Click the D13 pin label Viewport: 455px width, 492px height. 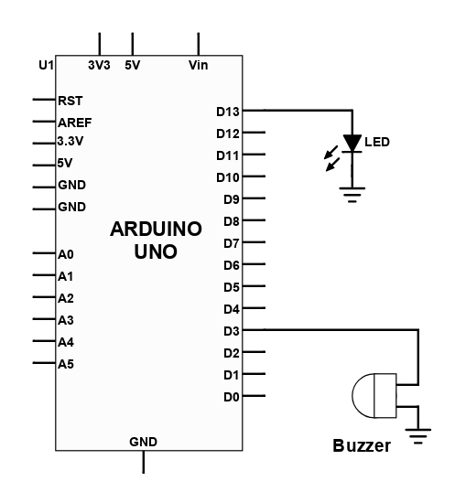[228, 112]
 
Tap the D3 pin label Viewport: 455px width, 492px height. [232, 331]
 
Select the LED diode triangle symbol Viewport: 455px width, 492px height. [352, 144]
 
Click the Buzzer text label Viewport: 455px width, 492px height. [362, 446]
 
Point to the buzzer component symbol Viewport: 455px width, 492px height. [374, 395]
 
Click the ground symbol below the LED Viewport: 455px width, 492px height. [352, 195]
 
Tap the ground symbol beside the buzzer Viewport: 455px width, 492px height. [418, 436]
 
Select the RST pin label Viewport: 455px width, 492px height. [70, 101]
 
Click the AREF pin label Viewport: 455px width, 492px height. [75, 123]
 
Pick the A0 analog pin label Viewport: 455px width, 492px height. [66, 254]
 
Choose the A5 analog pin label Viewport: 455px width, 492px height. [66, 364]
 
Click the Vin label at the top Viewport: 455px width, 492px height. [198, 65]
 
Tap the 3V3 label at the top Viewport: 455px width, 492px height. [99, 65]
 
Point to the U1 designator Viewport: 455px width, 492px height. [46, 65]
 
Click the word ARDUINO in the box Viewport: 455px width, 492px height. [156, 229]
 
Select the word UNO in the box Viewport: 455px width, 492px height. [156, 251]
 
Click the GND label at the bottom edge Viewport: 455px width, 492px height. [143, 442]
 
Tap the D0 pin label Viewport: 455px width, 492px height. [232, 397]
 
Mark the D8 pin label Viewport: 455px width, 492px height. [232, 221]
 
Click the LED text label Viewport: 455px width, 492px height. [377, 142]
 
